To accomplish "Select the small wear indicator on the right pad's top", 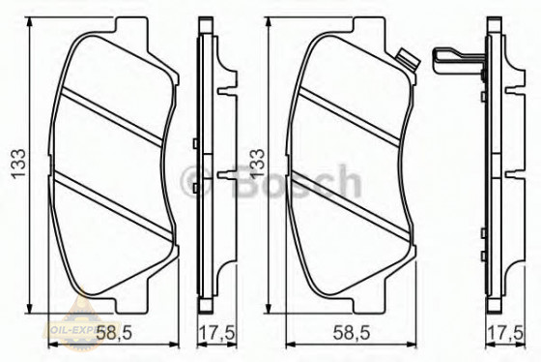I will pyautogui.click(x=406, y=61).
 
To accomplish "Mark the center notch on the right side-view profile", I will pyautogui.click(x=506, y=175).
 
